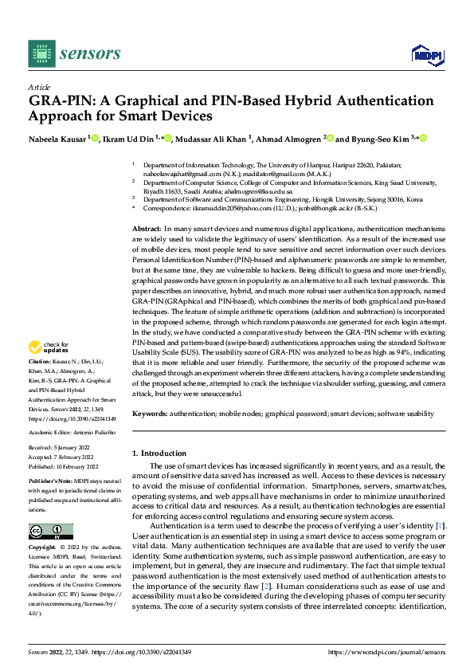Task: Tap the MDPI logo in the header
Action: (427, 53)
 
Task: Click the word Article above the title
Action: (39, 87)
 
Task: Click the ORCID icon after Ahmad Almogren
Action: (329, 138)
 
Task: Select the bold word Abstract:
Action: (147, 229)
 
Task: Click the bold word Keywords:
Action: (150, 414)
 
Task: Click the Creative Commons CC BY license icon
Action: (50, 532)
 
